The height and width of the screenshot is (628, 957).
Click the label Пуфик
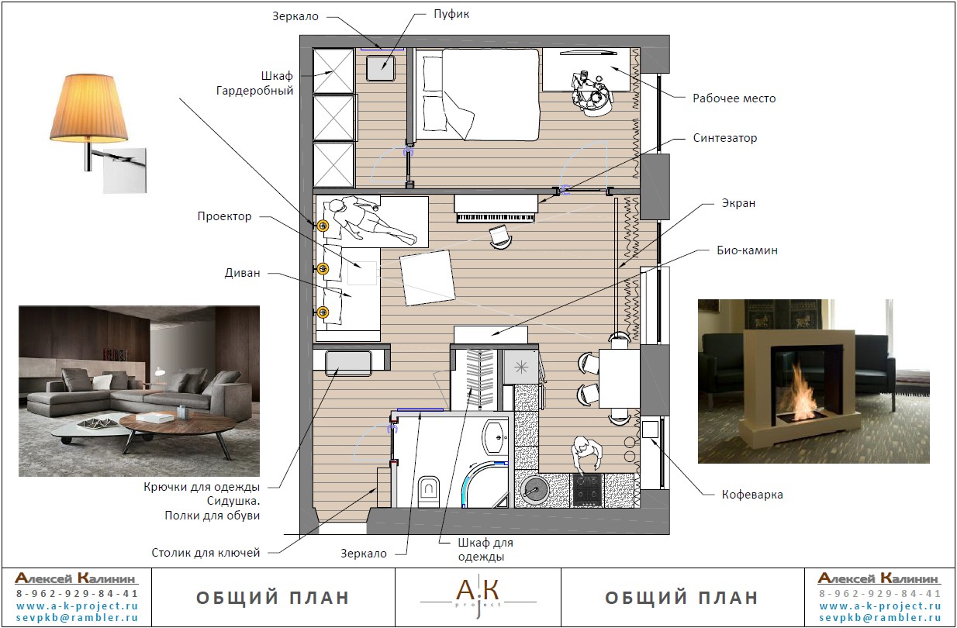[x=451, y=14]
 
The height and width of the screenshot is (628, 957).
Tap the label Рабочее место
[x=734, y=98]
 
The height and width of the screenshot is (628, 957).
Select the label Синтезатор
[x=724, y=138]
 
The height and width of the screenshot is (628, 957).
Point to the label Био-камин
[x=747, y=250]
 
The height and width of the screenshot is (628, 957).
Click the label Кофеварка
[x=752, y=495]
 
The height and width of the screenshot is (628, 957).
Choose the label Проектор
[x=224, y=216]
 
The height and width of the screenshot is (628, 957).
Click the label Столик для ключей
[x=206, y=553]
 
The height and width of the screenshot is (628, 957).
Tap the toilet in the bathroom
[x=429, y=491]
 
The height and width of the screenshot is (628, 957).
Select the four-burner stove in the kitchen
[x=587, y=491]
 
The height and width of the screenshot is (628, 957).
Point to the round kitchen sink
[x=534, y=490]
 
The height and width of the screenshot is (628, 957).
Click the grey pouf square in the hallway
[x=381, y=67]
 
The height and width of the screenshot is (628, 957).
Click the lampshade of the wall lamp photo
[x=89, y=108]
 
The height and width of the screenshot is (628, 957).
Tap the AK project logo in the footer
[x=478, y=596]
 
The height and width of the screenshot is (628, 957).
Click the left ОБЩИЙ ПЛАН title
[x=273, y=598]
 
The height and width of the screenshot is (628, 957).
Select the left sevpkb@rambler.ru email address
[x=78, y=618]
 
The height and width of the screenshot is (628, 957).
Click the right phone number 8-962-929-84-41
[x=880, y=593]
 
